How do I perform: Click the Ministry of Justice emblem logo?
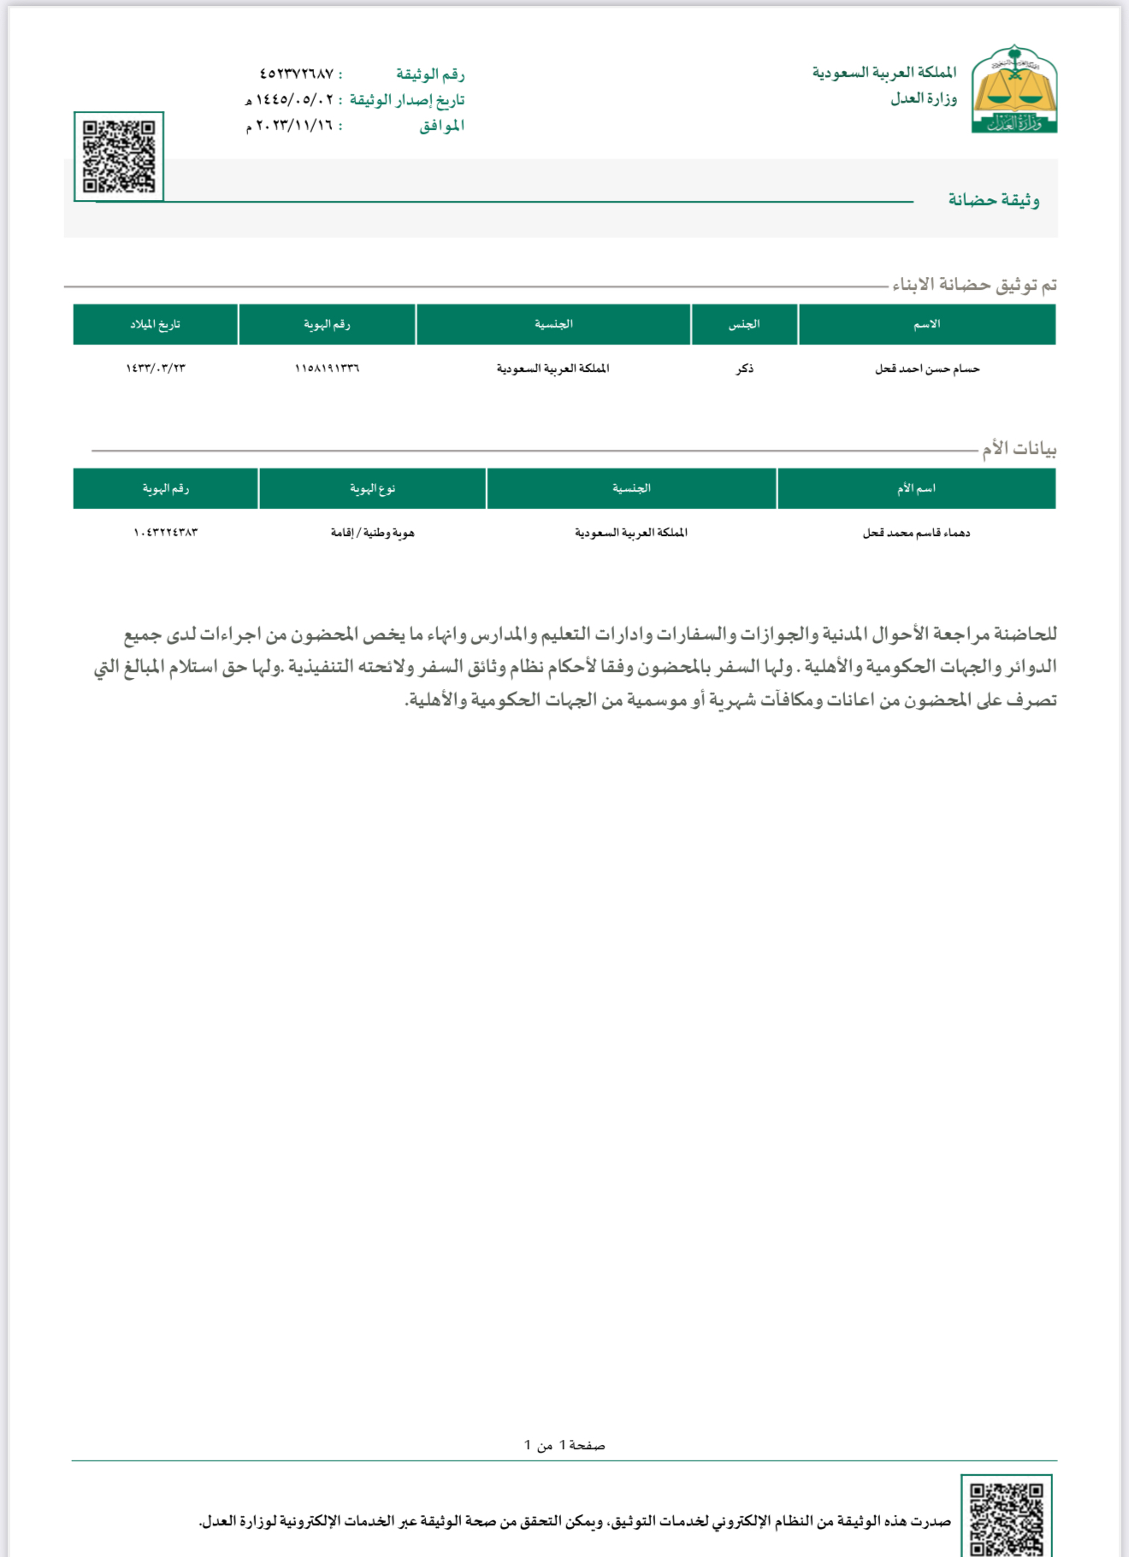pos(1014,90)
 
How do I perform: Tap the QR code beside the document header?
pos(119,156)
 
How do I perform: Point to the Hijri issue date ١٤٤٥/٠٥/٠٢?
pos(294,100)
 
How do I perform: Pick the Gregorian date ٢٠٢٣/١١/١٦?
pos(294,126)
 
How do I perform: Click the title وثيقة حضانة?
pos(993,200)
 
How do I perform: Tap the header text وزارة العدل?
pos(923,98)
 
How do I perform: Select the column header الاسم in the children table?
pos(926,324)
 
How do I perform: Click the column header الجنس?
pos(744,324)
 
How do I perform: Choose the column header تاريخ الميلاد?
pos(155,324)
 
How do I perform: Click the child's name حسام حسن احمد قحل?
pos(926,369)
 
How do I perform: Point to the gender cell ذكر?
pos(745,369)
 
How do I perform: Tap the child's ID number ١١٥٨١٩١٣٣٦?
pos(327,369)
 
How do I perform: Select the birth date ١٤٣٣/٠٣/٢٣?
pos(155,369)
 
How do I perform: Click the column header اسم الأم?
pos(916,488)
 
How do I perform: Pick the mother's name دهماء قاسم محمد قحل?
pos(916,533)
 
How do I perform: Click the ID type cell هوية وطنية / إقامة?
pos(372,533)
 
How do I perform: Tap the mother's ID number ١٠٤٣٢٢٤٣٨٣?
pos(165,533)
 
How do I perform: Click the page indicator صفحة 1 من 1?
pos(564,1445)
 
